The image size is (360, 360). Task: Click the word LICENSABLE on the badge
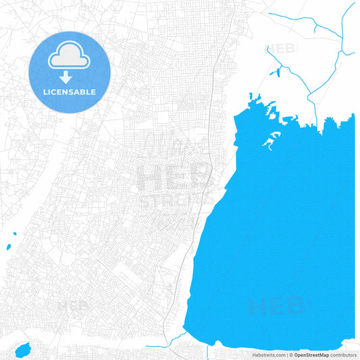pos(70,92)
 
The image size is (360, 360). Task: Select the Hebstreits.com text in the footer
pos(269,355)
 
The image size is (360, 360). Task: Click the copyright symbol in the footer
pos(291,355)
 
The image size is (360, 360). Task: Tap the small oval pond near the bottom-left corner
pos(23,350)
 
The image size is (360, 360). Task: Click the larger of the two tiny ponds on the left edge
pos(9,247)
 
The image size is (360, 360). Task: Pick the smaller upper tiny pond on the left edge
pos(14,235)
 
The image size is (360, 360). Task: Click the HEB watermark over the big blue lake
pos(276,307)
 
